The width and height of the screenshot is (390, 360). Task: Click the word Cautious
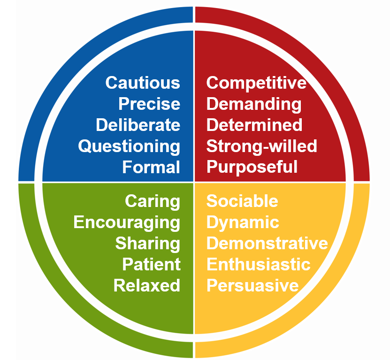[143, 83]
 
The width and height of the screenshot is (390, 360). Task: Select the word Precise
[149, 104]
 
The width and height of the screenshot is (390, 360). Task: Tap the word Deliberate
[138, 125]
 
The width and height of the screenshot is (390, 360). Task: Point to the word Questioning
[129, 146]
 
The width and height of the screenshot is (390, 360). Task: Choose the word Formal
[151, 167]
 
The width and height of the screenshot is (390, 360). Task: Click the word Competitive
[256, 83]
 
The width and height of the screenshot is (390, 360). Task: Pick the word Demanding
[254, 104]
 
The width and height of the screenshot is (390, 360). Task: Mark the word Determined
[254, 125]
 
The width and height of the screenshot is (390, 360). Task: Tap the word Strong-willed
[262, 146]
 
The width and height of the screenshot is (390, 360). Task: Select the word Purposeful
[252, 167]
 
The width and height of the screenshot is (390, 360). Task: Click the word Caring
[153, 201]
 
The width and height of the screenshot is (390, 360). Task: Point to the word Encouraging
[127, 222]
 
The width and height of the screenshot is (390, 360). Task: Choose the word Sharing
[148, 244]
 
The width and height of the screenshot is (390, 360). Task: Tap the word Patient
[151, 264]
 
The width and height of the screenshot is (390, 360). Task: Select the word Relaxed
[147, 285]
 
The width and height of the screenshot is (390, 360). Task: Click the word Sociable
[242, 201]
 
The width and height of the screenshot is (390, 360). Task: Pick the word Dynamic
[243, 222]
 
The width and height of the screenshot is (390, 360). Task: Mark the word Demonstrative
[267, 243]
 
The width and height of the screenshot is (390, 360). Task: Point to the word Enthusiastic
[259, 264]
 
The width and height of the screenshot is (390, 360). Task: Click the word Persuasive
[252, 285]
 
